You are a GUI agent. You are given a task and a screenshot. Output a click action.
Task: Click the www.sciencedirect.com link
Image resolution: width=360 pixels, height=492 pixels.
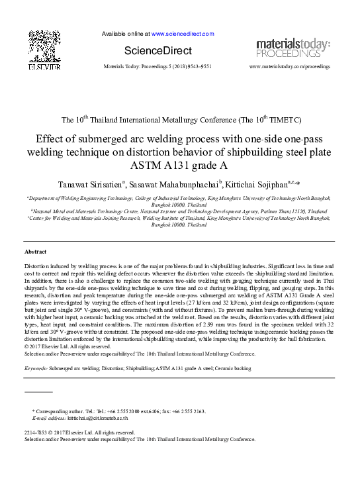183,33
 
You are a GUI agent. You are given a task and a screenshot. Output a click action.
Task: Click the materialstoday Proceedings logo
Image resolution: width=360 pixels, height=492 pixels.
292,48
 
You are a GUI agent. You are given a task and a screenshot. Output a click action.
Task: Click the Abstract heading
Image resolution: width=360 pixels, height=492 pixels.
36,252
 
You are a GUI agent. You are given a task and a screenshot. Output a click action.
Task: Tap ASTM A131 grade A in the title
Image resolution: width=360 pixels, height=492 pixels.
180,166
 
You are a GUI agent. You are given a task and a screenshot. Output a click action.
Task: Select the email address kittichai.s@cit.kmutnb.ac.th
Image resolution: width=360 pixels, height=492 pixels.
97,418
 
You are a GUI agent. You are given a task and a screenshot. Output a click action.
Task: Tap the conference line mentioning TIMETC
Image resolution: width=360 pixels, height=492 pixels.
180,121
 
